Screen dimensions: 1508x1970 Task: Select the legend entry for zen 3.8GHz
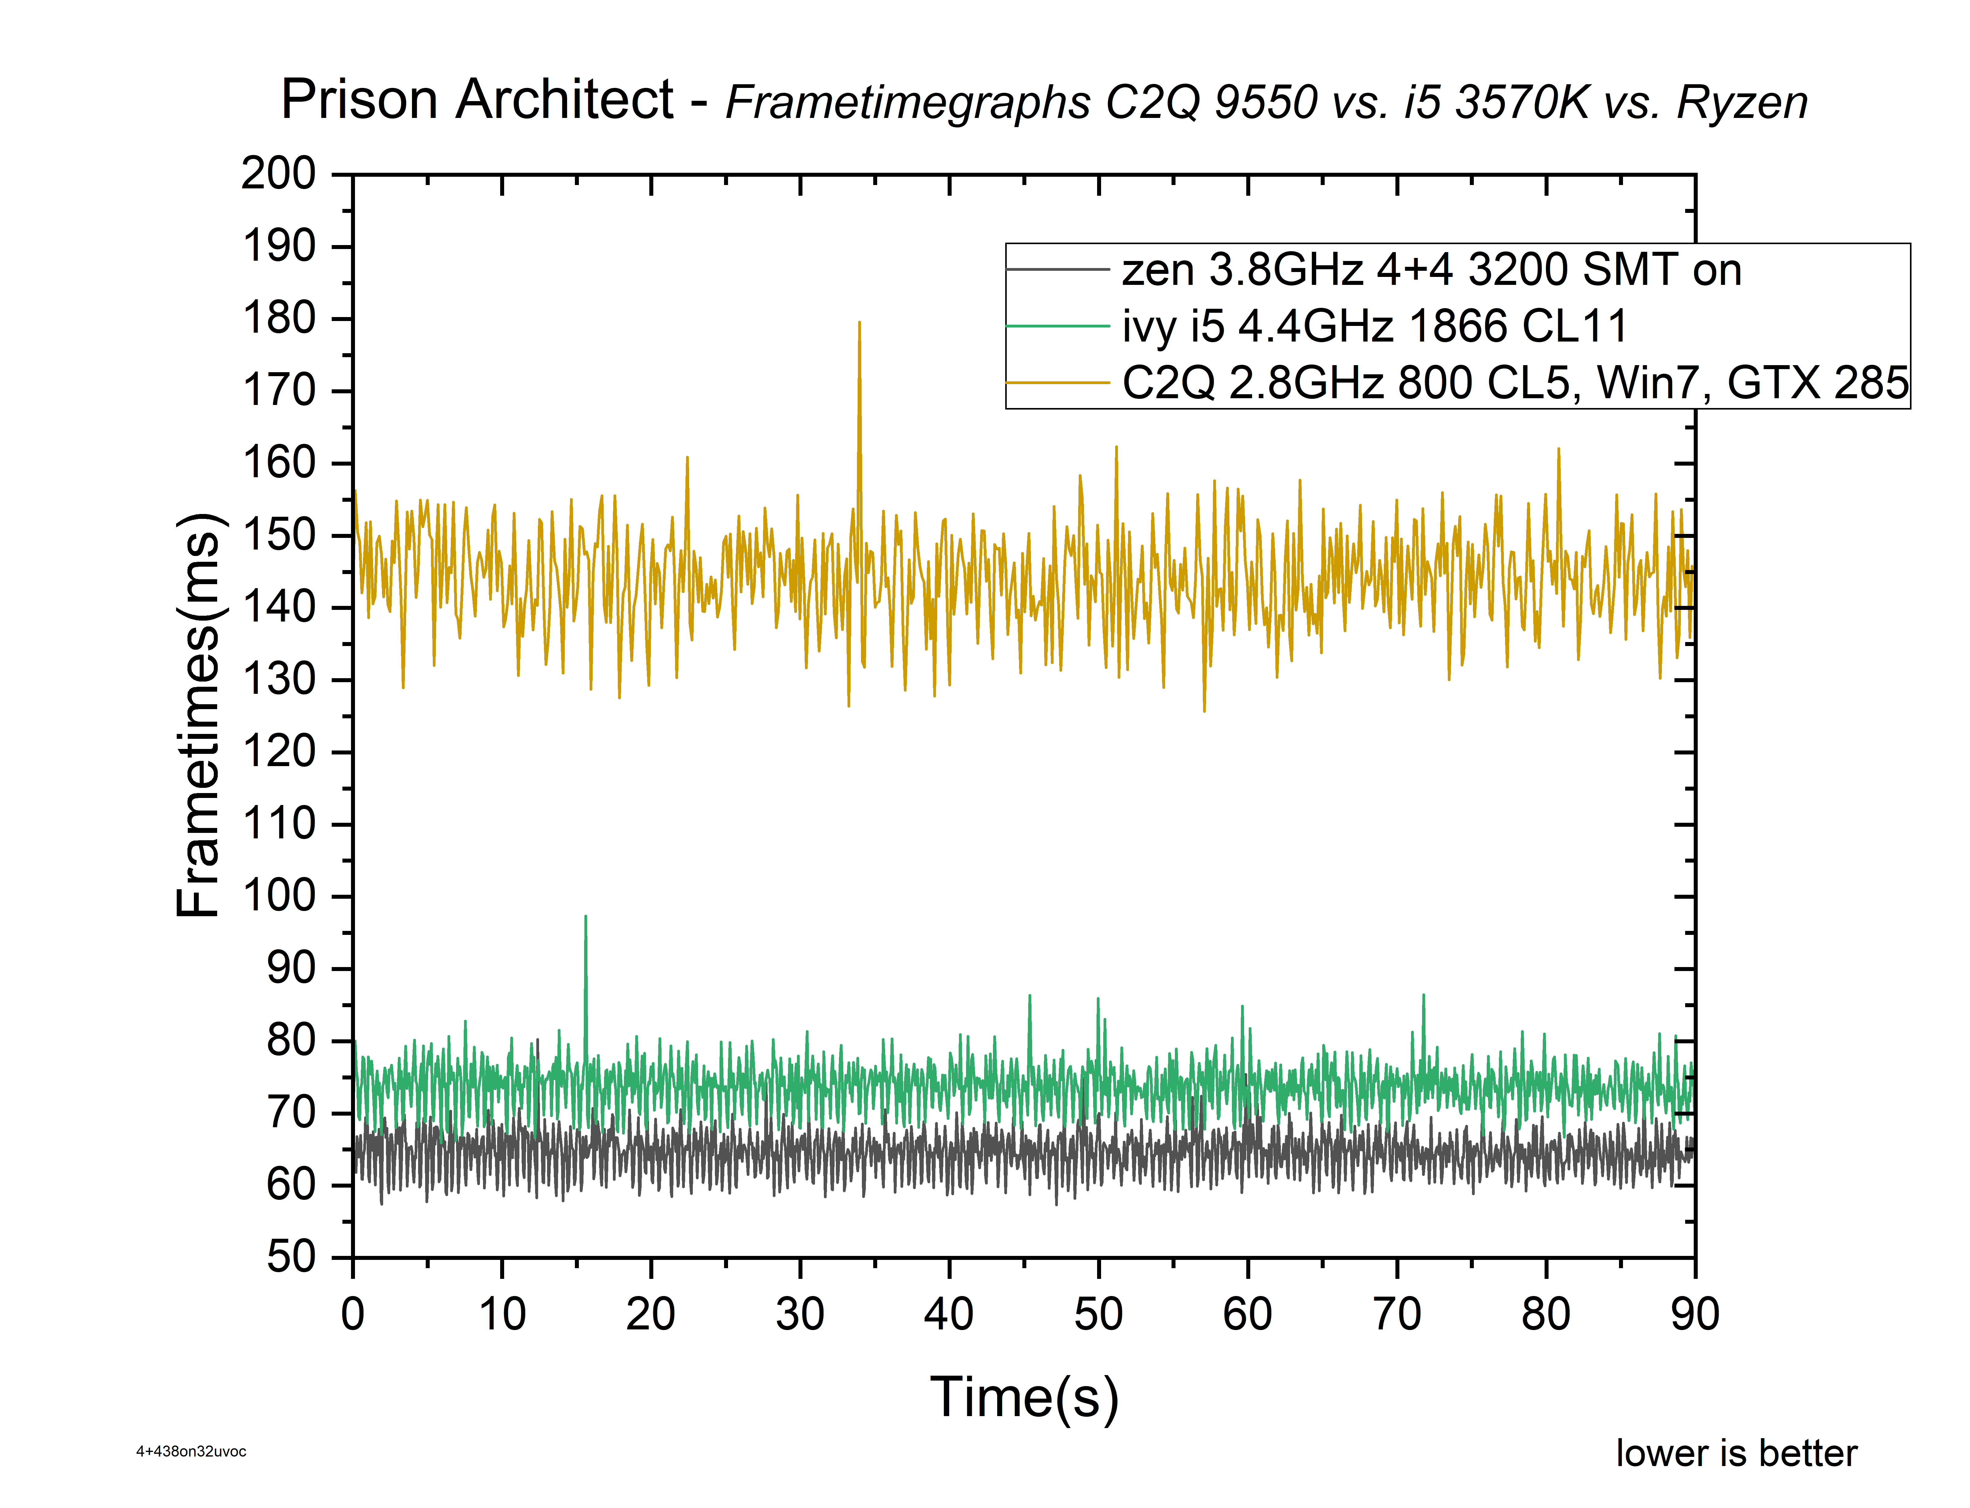click(x=1431, y=270)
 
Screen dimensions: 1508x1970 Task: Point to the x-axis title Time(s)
click(x=1024, y=1398)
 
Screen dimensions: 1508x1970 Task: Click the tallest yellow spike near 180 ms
click(x=859, y=325)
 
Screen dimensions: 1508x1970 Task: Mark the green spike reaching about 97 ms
click(x=585, y=919)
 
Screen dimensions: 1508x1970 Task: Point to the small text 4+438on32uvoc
click(x=191, y=1451)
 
